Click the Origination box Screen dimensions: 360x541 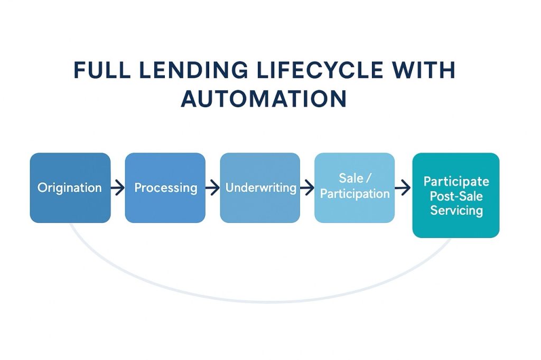tap(70, 187)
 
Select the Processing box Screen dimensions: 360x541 tap(165, 187)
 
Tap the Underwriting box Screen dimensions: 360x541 tap(260, 187)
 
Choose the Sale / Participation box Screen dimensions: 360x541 tap(355, 187)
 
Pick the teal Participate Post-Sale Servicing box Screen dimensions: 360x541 tap(455, 195)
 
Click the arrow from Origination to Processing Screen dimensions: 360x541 tap(118, 187)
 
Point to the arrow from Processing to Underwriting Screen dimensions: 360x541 tap(212, 187)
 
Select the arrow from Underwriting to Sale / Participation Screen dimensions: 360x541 tap(307, 187)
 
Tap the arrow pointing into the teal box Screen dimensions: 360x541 tap(403, 187)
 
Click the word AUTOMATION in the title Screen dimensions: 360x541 tap(264, 99)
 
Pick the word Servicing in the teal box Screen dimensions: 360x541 tap(456, 211)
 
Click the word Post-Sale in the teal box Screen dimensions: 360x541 tap(456, 196)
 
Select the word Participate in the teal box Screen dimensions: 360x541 tap(456, 182)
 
